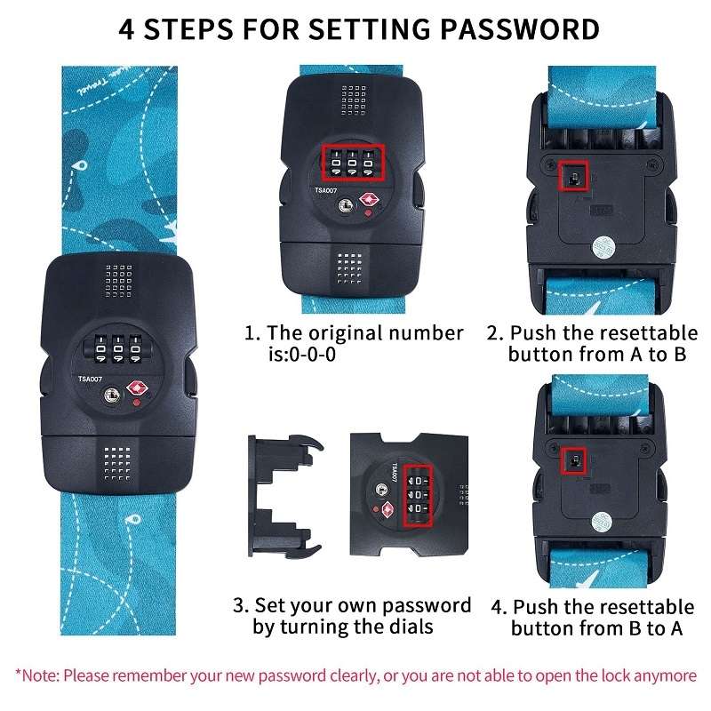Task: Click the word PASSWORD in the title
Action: (x=520, y=29)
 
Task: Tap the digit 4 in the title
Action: (x=126, y=29)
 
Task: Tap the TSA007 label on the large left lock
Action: (x=90, y=379)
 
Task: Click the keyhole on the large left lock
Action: (x=112, y=395)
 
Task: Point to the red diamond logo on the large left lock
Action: (x=138, y=388)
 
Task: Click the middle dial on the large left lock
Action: (x=118, y=348)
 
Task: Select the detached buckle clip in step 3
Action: (x=285, y=496)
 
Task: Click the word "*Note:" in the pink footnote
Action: (x=37, y=675)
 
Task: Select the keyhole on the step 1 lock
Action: (x=346, y=205)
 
